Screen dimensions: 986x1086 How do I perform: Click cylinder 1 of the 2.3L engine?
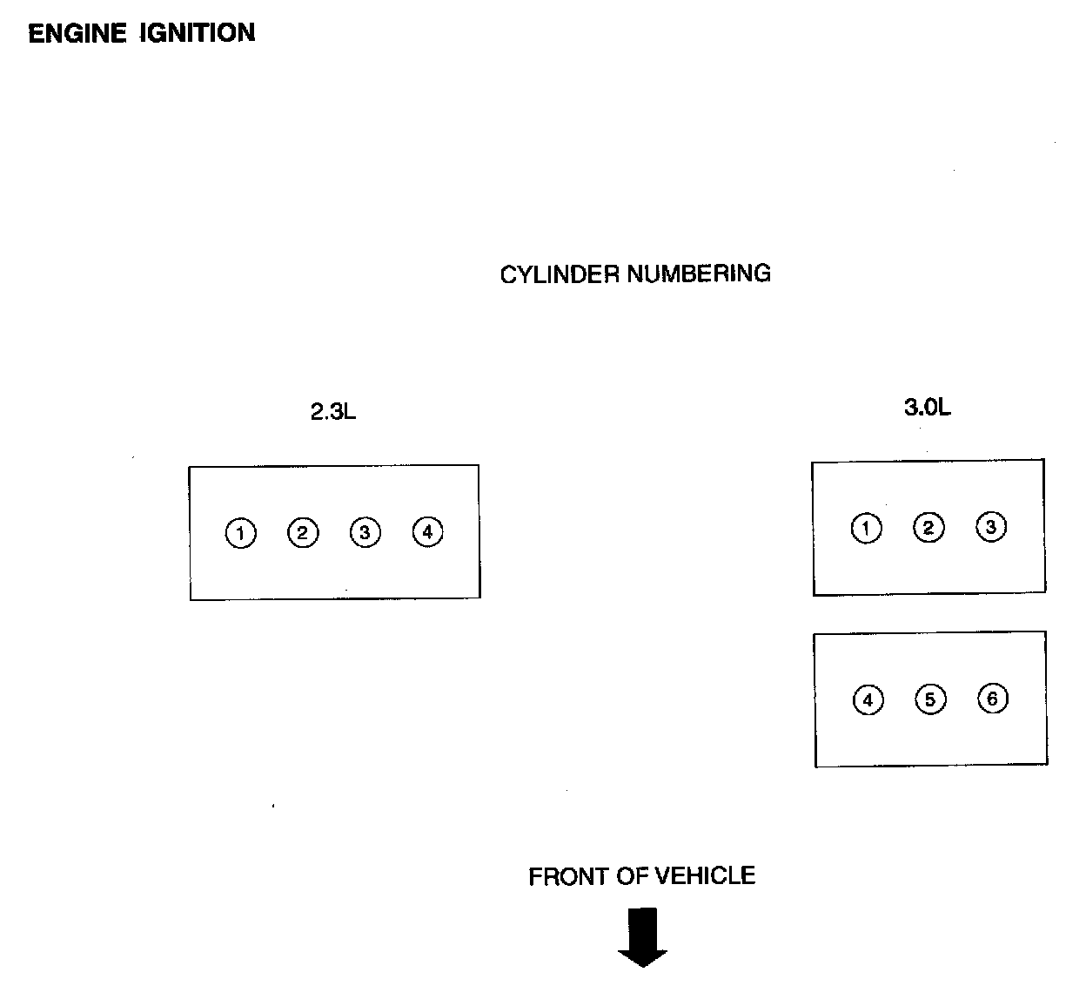click(241, 533)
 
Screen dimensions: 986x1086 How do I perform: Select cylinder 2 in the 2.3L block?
click(303, 532)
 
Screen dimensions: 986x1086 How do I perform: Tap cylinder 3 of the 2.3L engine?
click(365, 532)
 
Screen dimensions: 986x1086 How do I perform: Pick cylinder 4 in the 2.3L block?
click(427, 530)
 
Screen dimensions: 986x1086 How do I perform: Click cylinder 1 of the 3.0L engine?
click(866, 529)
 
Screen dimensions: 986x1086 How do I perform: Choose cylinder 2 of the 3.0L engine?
click(928, 528)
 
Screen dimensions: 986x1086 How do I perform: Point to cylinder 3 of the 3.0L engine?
click(991, 527)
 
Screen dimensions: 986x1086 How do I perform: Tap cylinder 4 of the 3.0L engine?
click(868, 700)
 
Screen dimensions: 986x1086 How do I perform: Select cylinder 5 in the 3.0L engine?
click(930, 699)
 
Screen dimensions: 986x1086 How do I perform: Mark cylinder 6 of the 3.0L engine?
click(993, 699)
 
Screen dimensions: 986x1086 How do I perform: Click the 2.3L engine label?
click(333, 412)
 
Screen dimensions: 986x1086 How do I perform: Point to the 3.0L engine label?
click(928, 408)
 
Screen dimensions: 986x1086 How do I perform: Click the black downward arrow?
click(643, 937)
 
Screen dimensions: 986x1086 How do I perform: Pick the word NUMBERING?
click(699, 274)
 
